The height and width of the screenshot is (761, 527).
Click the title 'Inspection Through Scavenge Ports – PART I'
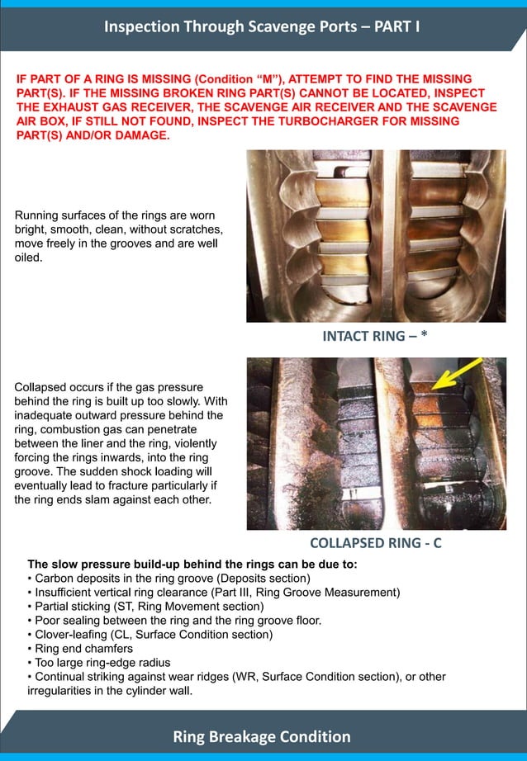coord(263,26)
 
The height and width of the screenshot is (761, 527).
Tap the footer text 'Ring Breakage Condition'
coord(262,736)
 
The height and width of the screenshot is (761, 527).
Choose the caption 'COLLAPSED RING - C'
coord(376,543)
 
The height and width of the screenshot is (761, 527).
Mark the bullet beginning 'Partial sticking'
coord(150,607)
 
